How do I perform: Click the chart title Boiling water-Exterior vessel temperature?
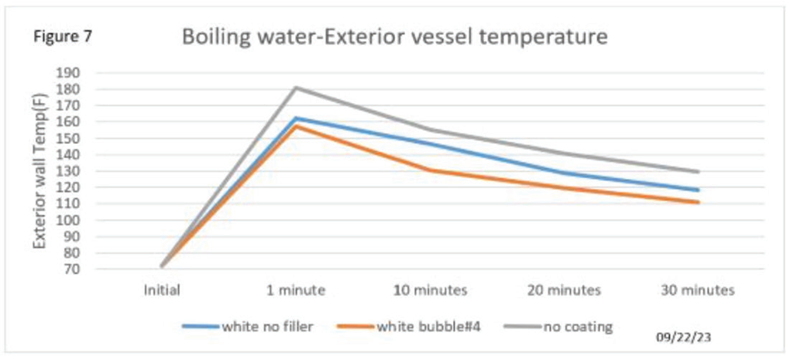pyautogui.click(x=394, y=37)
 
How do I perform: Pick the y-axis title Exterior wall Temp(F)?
pyautogui.click(x=39, y=170)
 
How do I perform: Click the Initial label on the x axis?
pyautogui.click(x=163, y=291)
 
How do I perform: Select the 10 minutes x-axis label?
pyautogui.click(x=431, y=291)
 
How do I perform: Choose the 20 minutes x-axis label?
pyautogui.click(x=564, y=291)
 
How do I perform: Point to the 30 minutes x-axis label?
pyautogui.click(x=698, y=291)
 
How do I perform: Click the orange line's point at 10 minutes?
pyautogui.click(x=431, y=170)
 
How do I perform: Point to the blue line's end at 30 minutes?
pyautogui.click(x=698, y=190)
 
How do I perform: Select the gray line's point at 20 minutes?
pyautogui.click(x=564, y=153)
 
